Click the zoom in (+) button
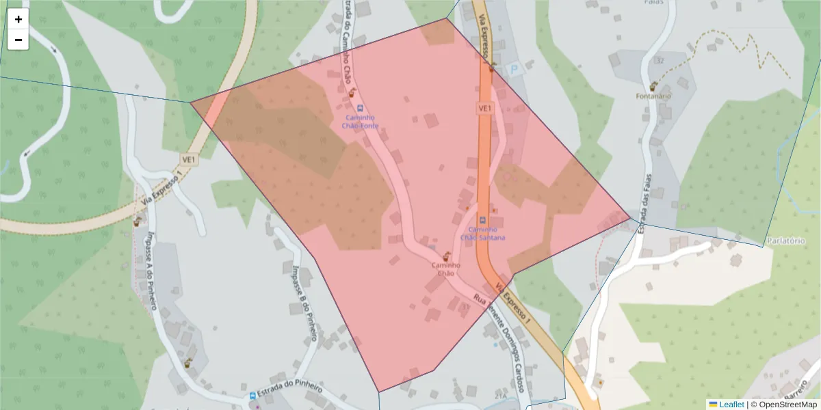(x=18, y=19)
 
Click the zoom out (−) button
(x=18, y=40)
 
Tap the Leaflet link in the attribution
(x=731, y=405)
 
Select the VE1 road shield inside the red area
(x=484, y=109)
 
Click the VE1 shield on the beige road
(x=189, y=159)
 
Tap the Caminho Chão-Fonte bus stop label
(x=359, y=122)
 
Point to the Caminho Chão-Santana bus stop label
(x=483, y=233)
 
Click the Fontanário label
(x=654, y=96)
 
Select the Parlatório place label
(x=785, y=241)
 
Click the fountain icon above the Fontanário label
(x=654, y=86)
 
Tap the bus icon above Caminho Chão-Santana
(x=482, y=219)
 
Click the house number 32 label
(x=660, y=61)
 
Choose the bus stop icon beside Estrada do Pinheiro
(x=252, y=396)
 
